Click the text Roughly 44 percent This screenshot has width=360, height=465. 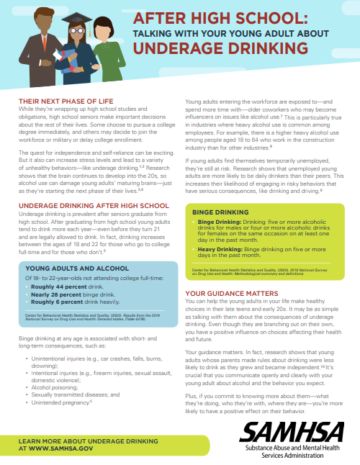point(51,266)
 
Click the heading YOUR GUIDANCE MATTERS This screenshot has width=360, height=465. point(232,294)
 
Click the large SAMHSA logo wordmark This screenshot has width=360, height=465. point(297,431)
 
